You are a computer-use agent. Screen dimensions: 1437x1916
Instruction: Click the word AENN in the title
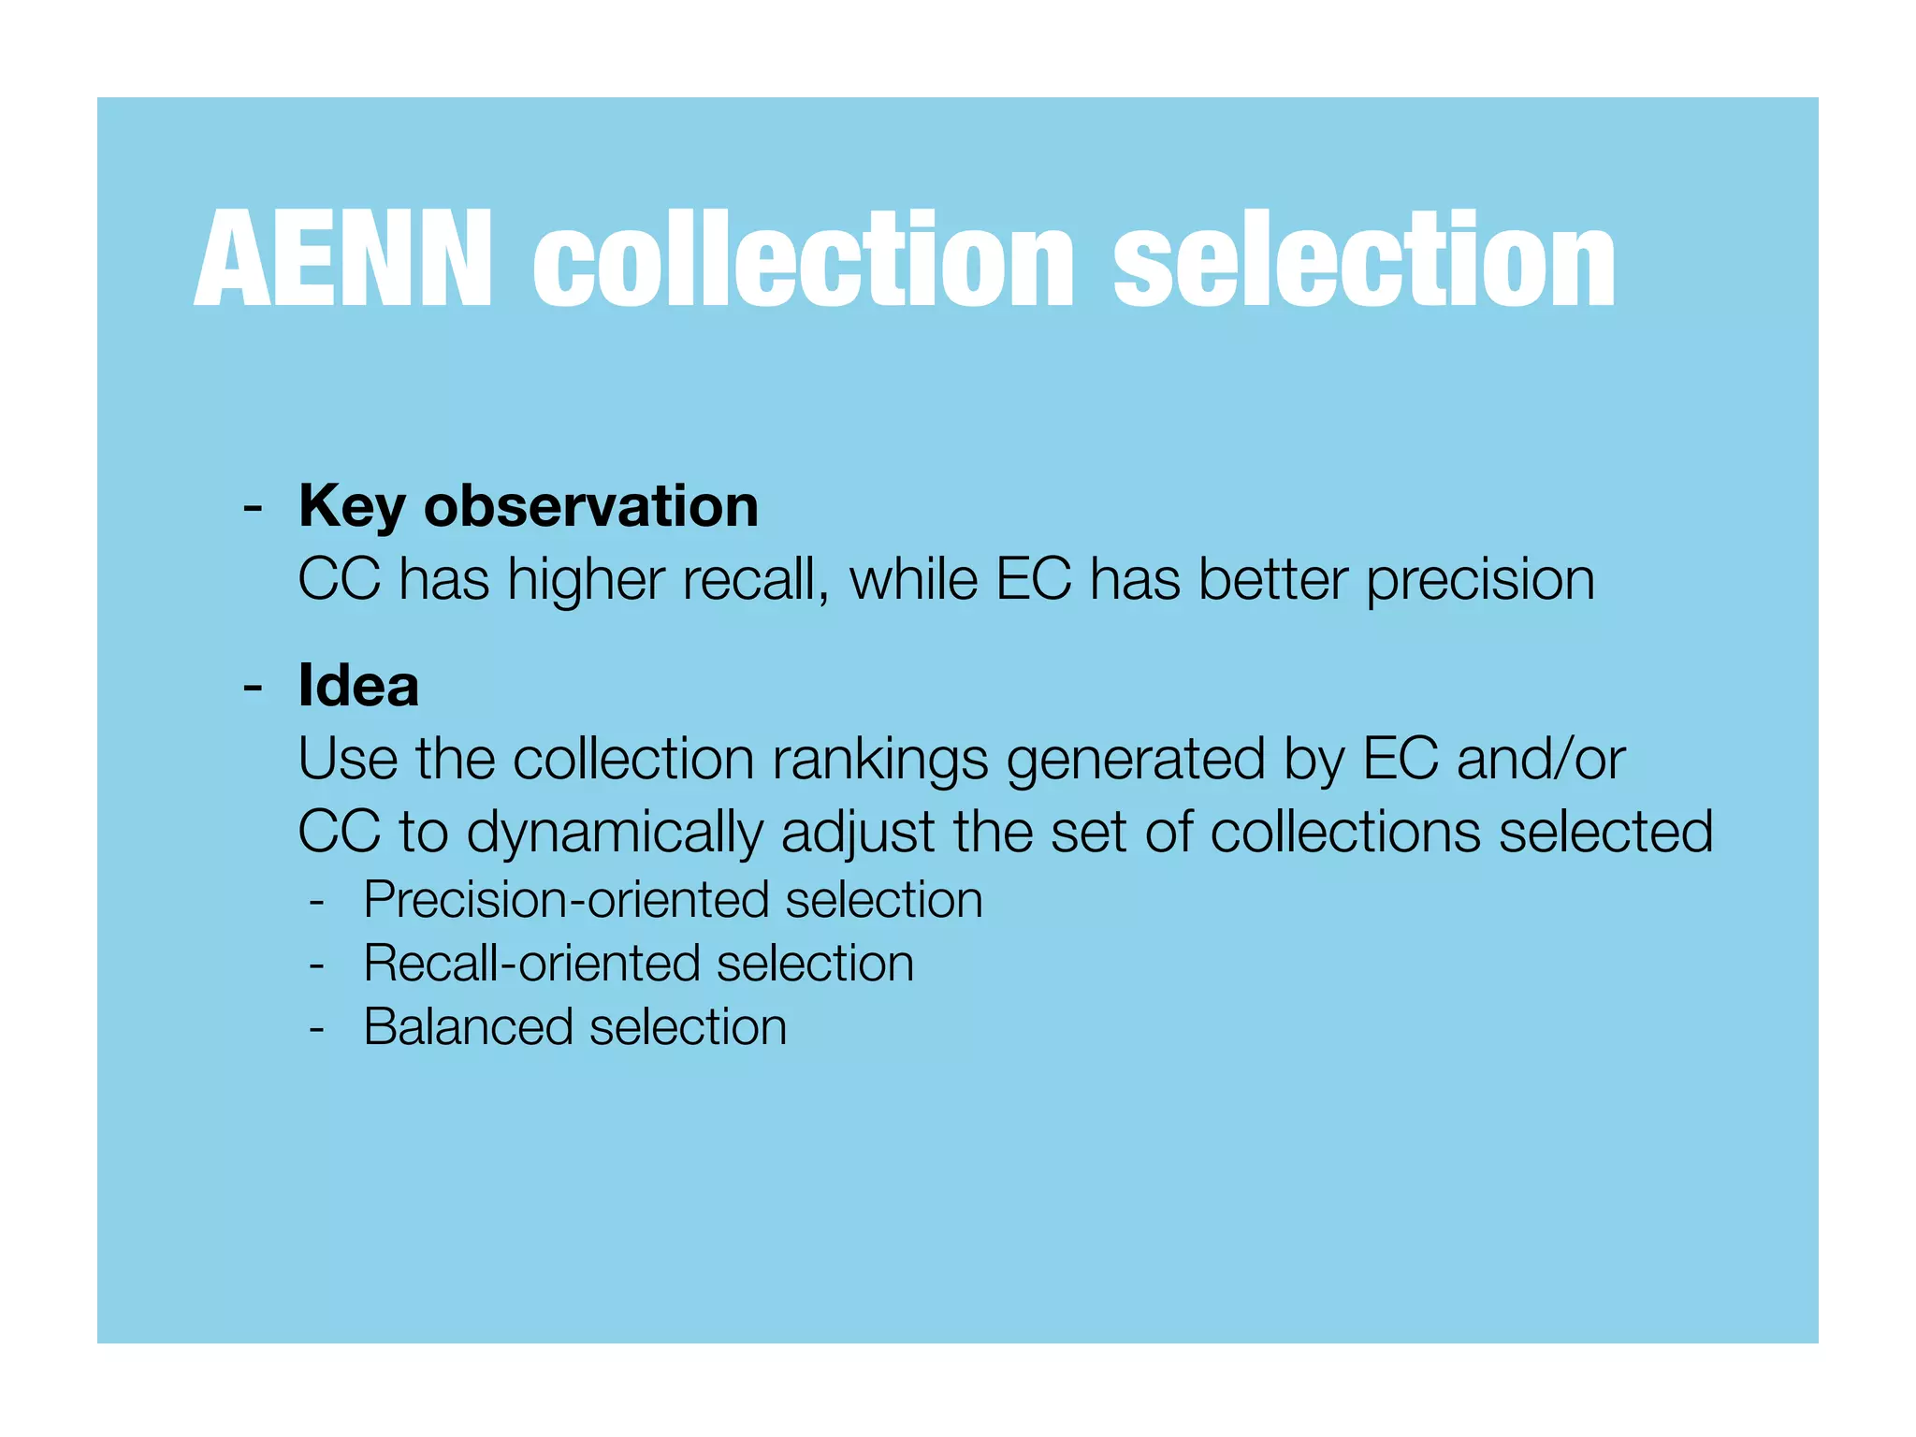tap(342, 259)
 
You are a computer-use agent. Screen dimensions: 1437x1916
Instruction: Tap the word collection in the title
tap(804, 259)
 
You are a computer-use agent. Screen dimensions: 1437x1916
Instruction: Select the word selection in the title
tap(1364, 259)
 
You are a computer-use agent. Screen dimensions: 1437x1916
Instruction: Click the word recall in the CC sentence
tap(755, 579)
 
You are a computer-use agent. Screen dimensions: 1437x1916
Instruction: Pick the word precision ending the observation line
tap(1480, 581)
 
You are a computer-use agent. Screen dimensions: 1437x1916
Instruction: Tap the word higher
tap(586, 581)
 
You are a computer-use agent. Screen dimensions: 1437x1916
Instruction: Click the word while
tap(913, 579)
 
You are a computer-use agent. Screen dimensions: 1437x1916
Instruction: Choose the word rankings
tap(879, 760)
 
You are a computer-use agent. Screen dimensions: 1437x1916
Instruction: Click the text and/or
tap(1540, 759)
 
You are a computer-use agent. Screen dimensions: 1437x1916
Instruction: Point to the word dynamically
tap(615, 833)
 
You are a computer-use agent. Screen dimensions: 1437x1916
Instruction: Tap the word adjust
tap(858, 833)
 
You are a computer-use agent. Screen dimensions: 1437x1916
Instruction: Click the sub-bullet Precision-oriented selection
tap(673, 900)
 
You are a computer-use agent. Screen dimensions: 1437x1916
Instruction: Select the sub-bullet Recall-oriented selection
tap(638, 964)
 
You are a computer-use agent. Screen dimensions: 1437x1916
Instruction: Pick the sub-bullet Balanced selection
tap(574, 1027)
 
